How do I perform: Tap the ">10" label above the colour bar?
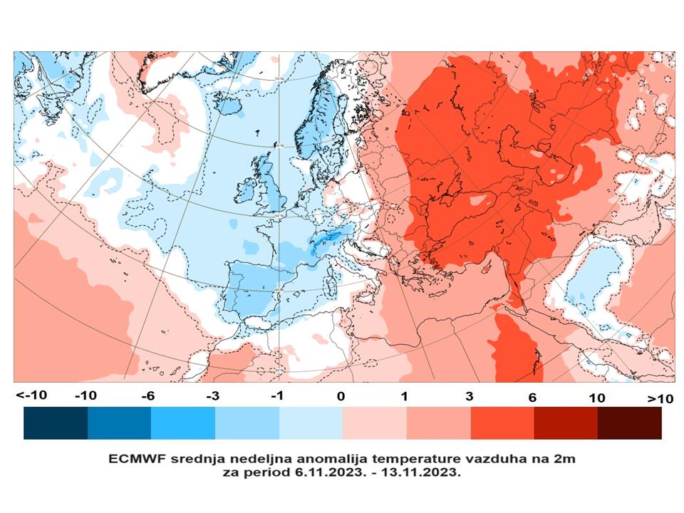point(660,399)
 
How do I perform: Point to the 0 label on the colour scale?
point(341,396)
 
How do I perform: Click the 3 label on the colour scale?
point(469,396)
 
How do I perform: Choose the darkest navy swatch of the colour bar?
point(55,423)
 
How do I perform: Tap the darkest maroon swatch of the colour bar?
point(629,423)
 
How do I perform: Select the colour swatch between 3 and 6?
point(502,423)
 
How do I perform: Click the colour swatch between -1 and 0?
point(310,423)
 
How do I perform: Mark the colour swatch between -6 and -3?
point(182,423)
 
